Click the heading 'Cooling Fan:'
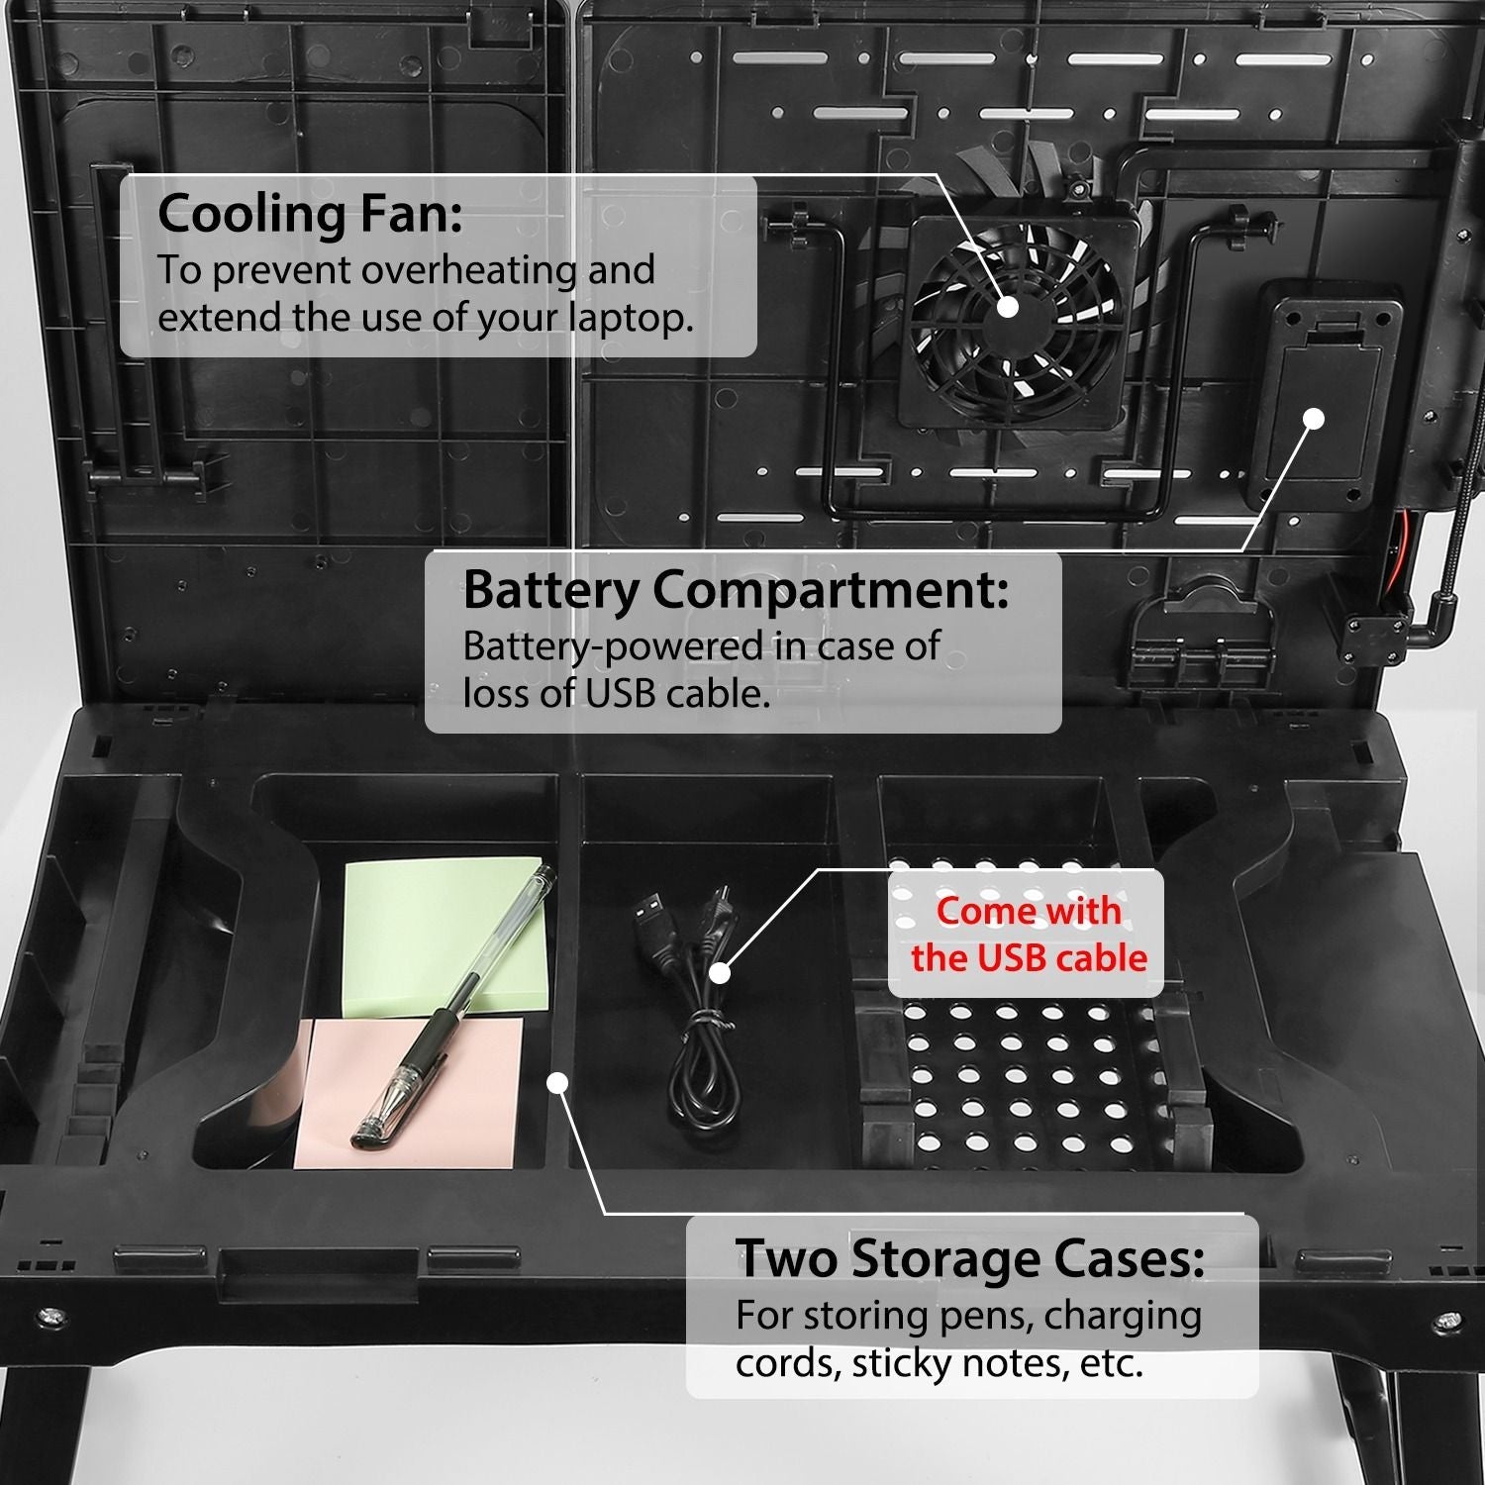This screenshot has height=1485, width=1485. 310,213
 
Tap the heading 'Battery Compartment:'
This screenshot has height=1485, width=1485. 736,590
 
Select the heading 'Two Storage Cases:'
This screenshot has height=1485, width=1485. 969,1258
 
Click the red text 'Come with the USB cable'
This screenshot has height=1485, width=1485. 1028,934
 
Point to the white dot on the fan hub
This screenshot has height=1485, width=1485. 1007,306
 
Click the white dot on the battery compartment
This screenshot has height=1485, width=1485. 1313,419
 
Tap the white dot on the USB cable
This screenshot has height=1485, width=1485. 720,973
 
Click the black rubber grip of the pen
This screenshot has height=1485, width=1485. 436,1039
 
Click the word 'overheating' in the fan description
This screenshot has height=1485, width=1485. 467,270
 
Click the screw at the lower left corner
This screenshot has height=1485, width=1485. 49,1318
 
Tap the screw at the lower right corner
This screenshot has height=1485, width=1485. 1447,1321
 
